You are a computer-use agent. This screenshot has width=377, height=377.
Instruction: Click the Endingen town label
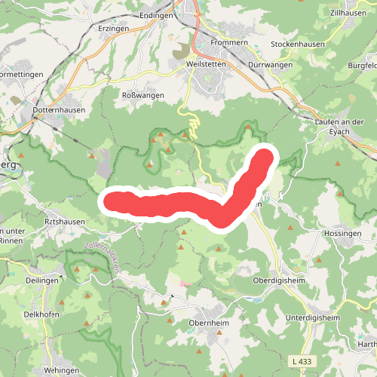point(157,14)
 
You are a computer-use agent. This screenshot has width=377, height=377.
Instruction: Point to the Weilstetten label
point(205,65)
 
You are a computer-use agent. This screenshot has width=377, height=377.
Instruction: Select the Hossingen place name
point(342,235)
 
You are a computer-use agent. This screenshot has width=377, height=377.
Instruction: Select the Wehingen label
point(61,370)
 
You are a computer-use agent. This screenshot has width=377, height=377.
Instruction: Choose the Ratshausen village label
point(62,224)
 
